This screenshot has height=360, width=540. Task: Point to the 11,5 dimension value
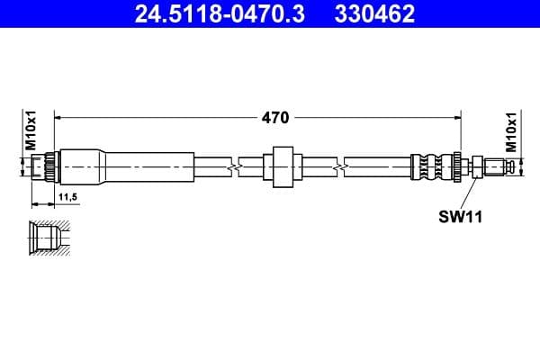tap(67, 195)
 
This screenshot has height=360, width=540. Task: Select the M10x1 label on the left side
tap(29, 131)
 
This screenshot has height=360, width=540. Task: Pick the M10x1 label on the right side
tap(511, 131)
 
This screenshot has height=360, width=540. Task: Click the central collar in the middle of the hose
tap(281, 166)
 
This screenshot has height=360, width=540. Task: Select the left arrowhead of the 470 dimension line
tap(60, 117)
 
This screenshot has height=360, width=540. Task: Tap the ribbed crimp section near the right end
tap(432, 166)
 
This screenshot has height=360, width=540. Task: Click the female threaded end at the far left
tap(41, 166)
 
